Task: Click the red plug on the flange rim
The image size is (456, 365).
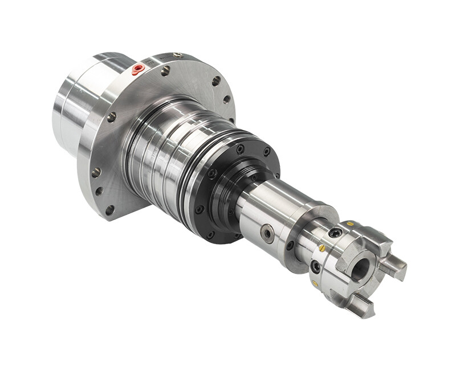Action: tap(137, 70)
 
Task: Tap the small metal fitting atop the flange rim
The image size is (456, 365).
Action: tap(178, 55)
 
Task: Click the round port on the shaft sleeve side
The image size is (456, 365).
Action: tap(267, 233)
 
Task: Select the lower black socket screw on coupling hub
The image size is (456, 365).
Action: tap(315, 266)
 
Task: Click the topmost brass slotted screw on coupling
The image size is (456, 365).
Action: tap(350, 224)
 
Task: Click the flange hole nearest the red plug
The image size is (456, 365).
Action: tap(165, 71)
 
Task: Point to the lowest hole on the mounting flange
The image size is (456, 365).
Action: tap(109, 210)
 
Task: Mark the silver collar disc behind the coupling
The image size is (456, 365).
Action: tap(302, 240)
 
